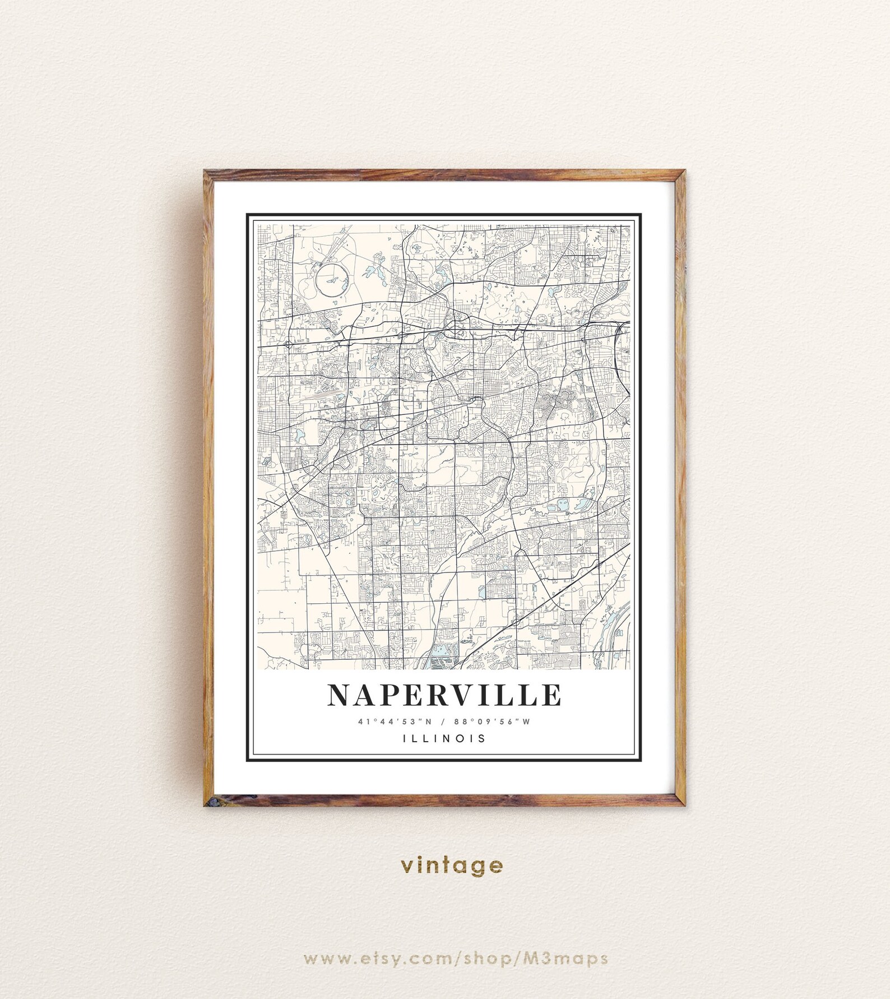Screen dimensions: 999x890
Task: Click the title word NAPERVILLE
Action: (444, 695)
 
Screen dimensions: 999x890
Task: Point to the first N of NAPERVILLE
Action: (339, 695)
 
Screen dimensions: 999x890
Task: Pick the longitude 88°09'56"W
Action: (495, 721)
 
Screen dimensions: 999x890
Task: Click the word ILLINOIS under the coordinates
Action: (444, 738)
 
